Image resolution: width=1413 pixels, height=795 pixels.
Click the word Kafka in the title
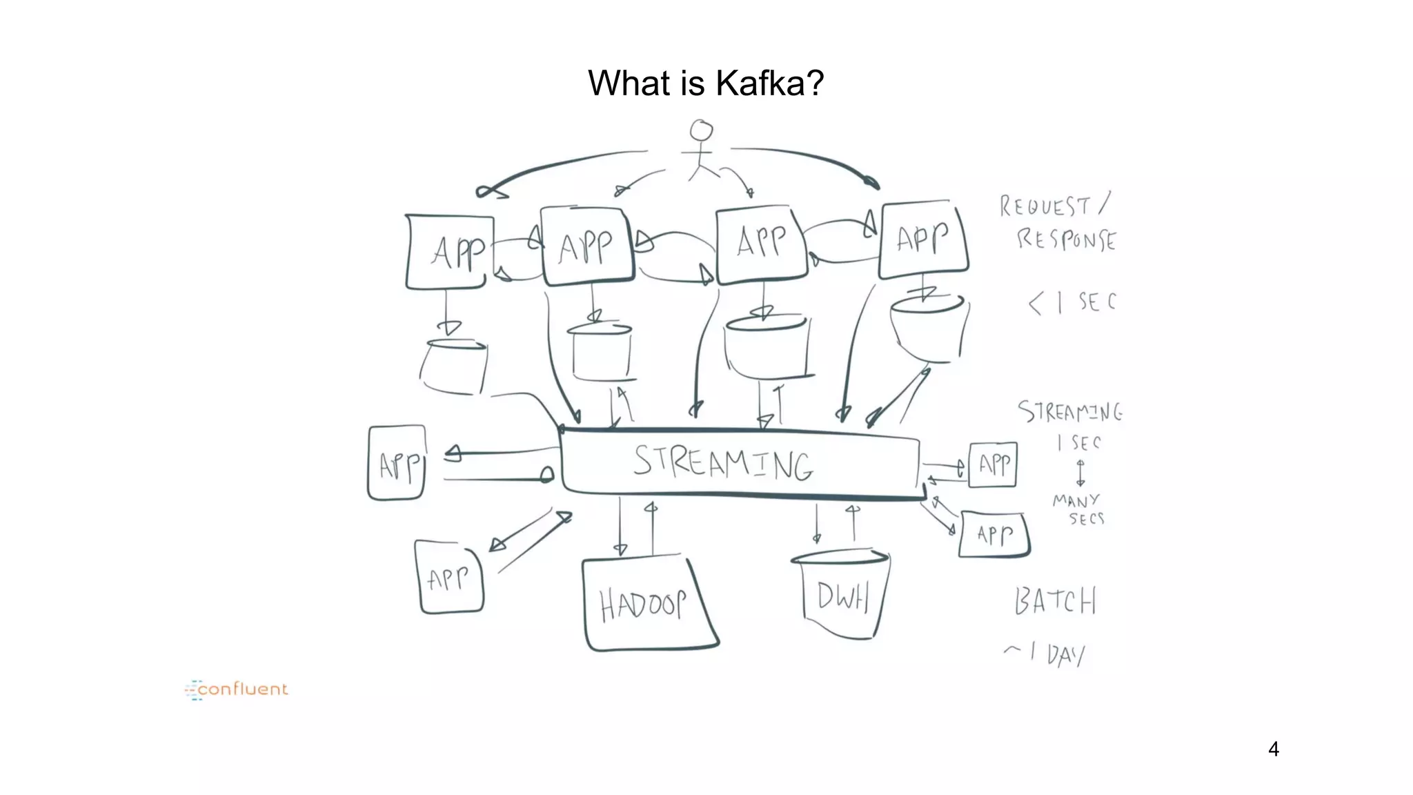[760, 84]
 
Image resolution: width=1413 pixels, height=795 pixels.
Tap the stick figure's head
[702, 130]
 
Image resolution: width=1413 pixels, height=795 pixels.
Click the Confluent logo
[237, 689]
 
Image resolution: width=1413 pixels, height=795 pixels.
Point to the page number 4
[1274, 749]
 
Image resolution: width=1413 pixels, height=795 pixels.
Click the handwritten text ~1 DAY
[1045, 653]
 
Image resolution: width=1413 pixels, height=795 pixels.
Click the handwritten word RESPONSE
[1067, 239]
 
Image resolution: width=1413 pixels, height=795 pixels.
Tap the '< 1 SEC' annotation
[1072, 302]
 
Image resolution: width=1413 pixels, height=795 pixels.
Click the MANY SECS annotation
[1078, 509]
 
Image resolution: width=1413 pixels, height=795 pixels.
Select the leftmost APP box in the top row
[451, 251]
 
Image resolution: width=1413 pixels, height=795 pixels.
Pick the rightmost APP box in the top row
[923, 239]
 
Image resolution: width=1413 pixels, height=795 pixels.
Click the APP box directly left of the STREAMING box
[397, 463]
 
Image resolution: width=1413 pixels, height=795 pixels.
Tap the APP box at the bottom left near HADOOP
[450, 578]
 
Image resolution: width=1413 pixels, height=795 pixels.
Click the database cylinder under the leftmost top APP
[454, 368]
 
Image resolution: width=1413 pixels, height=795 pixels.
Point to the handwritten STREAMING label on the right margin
[1070, 412]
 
